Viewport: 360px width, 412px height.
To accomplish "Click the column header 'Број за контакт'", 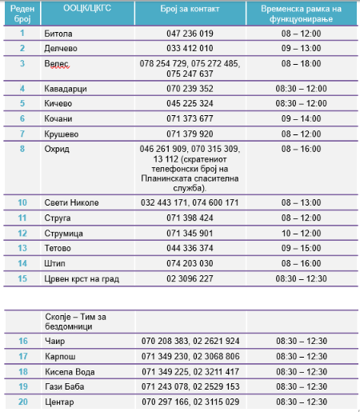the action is pyautogui.click(x=190, y=9).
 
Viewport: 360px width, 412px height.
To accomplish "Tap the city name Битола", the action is pyautogui.click(x=58, y=34).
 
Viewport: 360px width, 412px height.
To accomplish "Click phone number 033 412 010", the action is pyautogui.click(x=190, y=48).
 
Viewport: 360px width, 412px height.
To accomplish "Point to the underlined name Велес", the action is pyautogui.click(x=57, y=64).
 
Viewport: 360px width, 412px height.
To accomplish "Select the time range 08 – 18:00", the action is pyautogui.click(x=301, y=63).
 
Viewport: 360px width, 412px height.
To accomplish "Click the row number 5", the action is pyautogui.click(x=22, y=103).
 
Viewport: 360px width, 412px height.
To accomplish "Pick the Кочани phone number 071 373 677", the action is pyautogui.click(x=190, y=118).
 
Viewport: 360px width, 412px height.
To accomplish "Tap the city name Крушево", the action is pyautogui.click(x=62, y=134).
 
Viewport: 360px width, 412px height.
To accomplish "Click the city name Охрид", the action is pyautogui.click(x=57, y=149).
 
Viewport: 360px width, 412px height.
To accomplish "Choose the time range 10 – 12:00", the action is pyautogui.click(x=301, y=234).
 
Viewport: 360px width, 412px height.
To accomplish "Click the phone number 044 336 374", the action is pyautogui.click(x=190, y=248).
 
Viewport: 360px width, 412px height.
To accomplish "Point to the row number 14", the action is pyautogui.click(x=22, y=263).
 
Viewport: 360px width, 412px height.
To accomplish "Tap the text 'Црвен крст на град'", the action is pyautogui.click(x=82, y=279).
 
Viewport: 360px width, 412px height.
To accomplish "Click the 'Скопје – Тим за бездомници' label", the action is pyautogui.click(x=75, y=322).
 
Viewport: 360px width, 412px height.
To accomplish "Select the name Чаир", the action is pyautogui.click(x=55, y=341).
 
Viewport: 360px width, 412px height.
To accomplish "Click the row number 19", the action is pyautogui.click(x=23, y=386).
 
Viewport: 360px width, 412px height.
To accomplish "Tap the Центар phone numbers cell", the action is pyautogui.click(x=190, y=402).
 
